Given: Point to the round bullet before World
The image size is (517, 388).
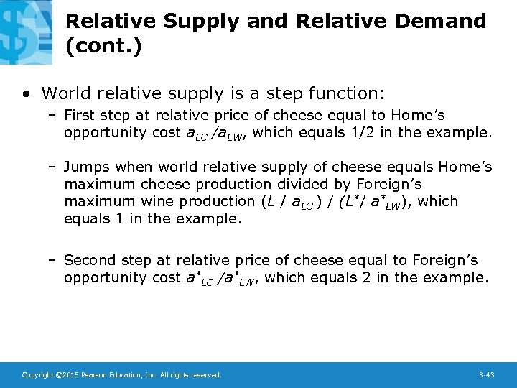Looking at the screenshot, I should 27,93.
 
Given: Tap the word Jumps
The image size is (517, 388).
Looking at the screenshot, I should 88,167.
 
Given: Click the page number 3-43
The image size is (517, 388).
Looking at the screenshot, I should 486,375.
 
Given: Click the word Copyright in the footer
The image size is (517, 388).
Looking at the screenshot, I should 37,375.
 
